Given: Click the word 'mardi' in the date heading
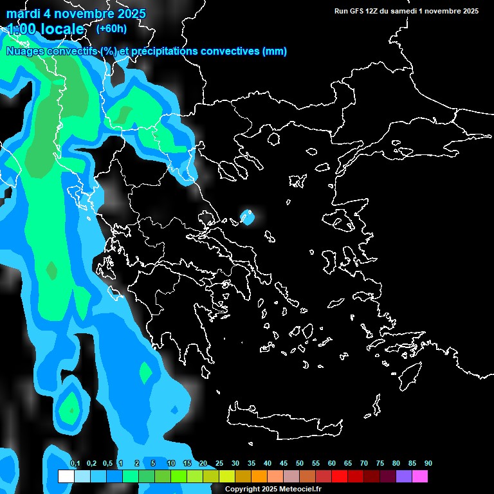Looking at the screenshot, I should pos(22,14).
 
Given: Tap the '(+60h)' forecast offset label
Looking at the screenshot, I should pos(111,28).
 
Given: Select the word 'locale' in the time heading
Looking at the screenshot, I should pos(61,30).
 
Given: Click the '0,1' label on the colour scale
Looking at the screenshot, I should pos(75,464).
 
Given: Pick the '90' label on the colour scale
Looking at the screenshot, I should pos(428,464).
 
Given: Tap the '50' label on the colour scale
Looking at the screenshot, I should pos(300,464).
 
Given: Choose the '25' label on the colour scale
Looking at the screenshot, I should pos(219,464).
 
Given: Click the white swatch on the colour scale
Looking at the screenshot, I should pos(66,477).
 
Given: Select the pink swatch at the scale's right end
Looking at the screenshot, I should pos(419,477).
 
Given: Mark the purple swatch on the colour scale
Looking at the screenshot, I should pos(403,477).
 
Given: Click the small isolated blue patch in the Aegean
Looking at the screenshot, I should pos(246,217).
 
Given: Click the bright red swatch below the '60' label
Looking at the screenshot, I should pos(339,477).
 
